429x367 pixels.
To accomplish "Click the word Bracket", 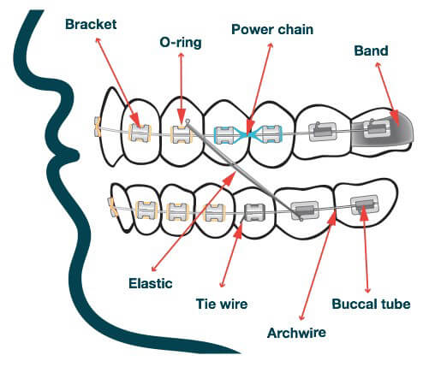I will coord(92,26).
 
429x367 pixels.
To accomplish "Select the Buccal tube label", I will coord(372,303).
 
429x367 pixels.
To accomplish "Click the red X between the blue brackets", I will coord(247,133).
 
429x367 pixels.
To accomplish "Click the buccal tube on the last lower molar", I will coord(362,205).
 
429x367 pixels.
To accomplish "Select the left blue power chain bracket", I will coord(224,133).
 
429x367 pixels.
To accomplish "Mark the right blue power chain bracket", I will coord(270,133).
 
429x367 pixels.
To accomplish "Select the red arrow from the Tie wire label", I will coord(235,252).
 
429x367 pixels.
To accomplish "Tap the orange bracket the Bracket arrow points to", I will coord(138,133).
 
